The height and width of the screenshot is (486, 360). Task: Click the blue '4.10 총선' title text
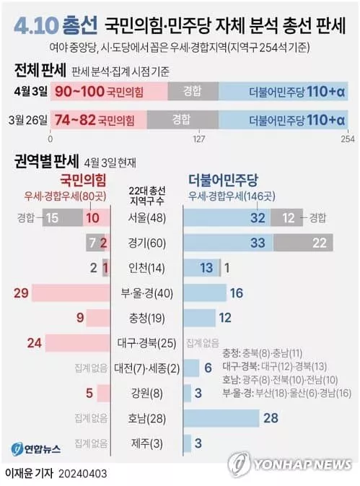56,26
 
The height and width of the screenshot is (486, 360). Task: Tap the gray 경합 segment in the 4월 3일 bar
193,92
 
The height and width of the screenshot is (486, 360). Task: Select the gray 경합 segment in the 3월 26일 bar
183,120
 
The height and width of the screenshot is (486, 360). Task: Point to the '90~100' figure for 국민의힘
79,92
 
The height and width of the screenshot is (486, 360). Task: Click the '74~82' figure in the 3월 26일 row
75,120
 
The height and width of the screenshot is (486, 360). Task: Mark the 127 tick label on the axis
198,139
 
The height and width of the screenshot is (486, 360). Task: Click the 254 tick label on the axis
348,139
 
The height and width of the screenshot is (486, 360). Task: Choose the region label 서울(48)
147,217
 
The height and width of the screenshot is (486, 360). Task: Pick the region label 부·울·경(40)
146,293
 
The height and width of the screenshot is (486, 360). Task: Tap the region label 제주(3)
146,443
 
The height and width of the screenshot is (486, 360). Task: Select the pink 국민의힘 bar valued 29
71,293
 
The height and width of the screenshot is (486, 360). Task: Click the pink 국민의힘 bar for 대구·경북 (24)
78,343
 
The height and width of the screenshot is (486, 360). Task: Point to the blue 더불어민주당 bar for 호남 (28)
221,418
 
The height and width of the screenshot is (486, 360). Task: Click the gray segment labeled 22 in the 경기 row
303,243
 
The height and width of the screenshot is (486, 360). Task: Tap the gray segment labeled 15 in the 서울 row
63,217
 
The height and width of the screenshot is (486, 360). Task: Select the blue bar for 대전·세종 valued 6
191,368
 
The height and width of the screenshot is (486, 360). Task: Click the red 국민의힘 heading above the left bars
83,180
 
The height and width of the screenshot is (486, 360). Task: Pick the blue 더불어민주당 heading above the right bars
223,180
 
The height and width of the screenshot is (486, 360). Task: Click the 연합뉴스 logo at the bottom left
36,449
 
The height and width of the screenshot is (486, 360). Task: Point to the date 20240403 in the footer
83,474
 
